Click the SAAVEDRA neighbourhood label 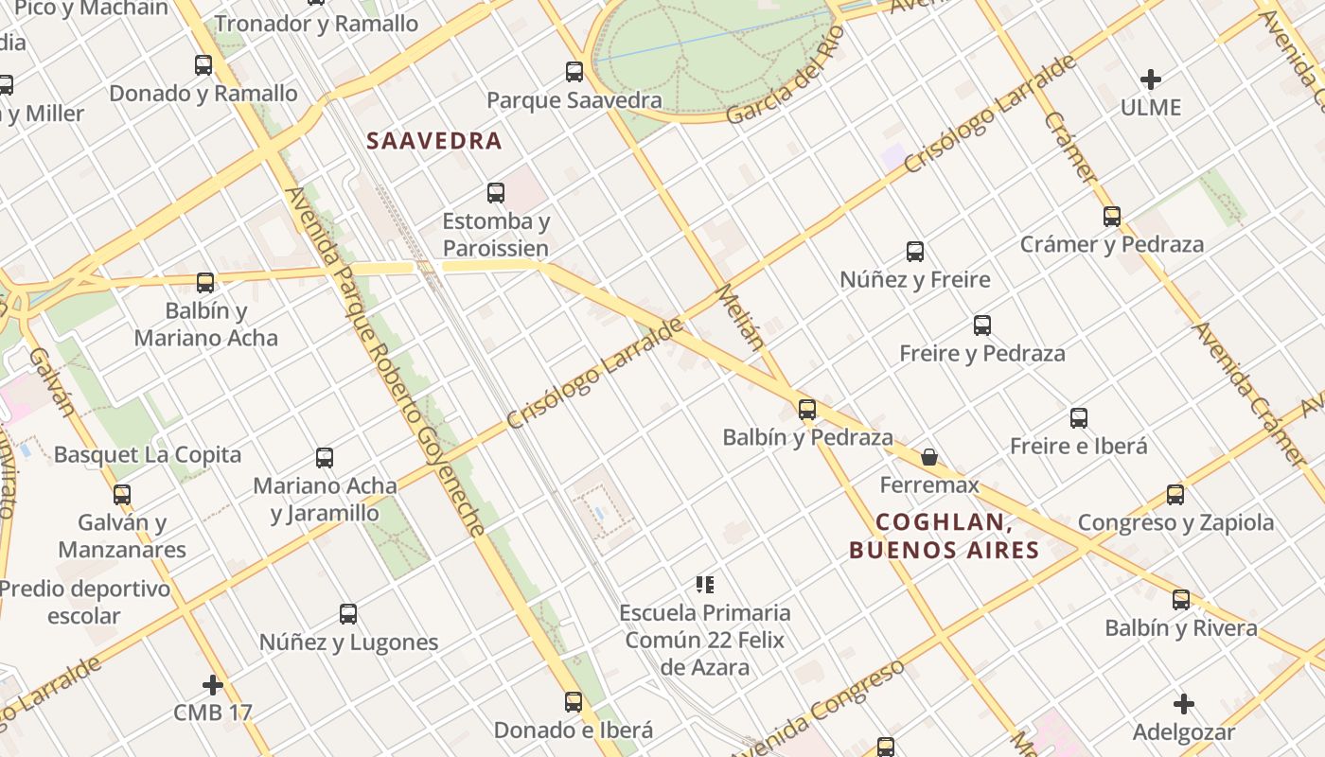433,141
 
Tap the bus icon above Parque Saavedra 574,71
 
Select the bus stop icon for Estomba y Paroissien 495,193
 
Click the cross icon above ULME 1151,79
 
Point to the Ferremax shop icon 929,457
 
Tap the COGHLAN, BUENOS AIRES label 944,536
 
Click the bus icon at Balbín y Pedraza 806,410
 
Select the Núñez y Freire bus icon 915,252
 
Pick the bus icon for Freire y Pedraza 982,326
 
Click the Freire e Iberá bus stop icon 1078,418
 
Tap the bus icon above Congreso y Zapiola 1175,494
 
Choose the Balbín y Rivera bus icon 1181,599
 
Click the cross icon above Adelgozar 1184,704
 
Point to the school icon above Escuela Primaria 704,585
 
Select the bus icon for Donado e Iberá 574,702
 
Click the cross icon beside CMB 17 213,684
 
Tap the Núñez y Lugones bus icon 348,614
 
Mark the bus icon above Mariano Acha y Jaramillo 325,458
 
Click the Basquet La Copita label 148,455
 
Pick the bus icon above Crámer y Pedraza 1112,217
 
